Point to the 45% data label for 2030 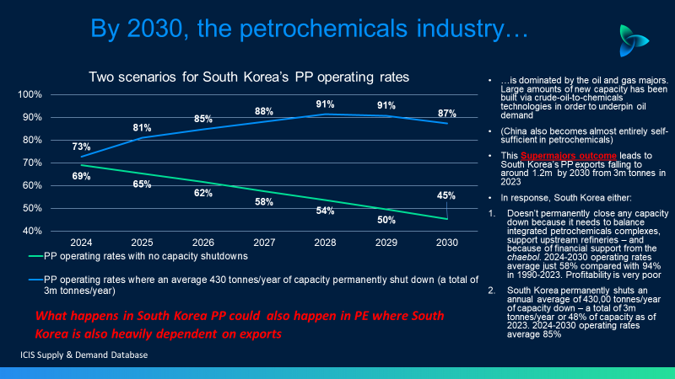pos(446,196)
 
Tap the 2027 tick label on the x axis pos(263,243)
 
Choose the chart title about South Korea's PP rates pos(250,77)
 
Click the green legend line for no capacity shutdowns pos(35,256)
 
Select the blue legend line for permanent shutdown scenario pos(35,278)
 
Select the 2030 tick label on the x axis pos(447,243)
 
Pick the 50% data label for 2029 pos(386,220)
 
